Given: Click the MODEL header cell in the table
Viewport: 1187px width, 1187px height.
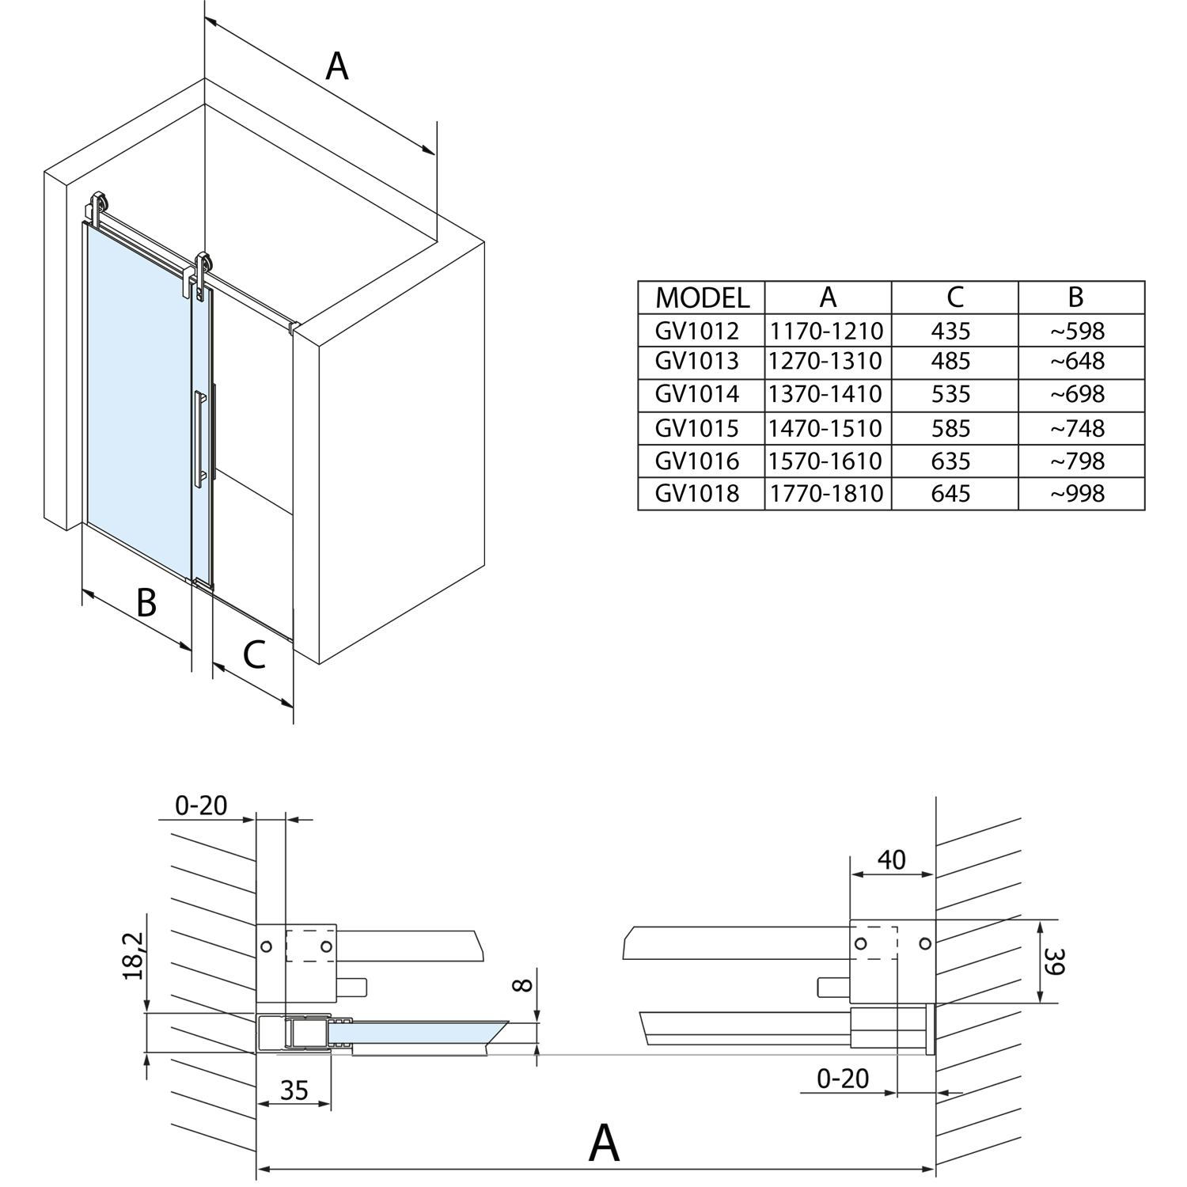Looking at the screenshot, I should click(702, 298).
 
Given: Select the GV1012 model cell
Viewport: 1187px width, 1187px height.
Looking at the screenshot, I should click(697, 330).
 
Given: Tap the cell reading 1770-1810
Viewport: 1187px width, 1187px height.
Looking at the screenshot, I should click(826, 493).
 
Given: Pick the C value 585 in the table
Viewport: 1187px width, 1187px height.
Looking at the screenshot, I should click(951, 428).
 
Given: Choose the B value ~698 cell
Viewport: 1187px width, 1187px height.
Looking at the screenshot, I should click(1077, 394).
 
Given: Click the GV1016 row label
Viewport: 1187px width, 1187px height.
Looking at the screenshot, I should click(697, 461).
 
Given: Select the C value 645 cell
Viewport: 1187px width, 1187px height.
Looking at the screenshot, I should click(951, 493).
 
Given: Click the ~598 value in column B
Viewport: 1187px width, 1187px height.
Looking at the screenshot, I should click(1077, 330).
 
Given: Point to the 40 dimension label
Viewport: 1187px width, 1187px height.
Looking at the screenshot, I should click(891, 859).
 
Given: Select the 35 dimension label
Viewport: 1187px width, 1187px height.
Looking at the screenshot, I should click(294, 1090).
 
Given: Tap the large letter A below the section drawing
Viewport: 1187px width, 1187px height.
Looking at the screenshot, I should click(604, 1142).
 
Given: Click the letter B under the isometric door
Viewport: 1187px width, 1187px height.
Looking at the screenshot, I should click(146, 602).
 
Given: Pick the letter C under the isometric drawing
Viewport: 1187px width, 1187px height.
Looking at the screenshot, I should click(254, 655).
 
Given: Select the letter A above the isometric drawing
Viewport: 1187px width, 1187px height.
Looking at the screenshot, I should click(337, 66).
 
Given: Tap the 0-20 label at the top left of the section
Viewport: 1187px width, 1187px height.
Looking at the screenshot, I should click(201, 806).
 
